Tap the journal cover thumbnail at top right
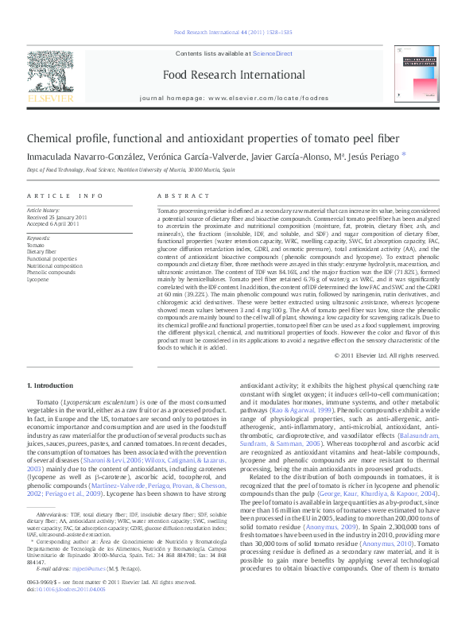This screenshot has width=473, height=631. point(425,77)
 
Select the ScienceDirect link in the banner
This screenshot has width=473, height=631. point(272,52)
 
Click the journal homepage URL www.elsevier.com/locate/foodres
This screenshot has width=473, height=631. point(257,97)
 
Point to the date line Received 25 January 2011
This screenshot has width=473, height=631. point(58,216)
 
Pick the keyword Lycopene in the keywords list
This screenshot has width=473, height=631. point(37,280)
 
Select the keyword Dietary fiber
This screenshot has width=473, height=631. point(42,252)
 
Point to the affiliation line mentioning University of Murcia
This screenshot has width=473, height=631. point(131,170)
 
